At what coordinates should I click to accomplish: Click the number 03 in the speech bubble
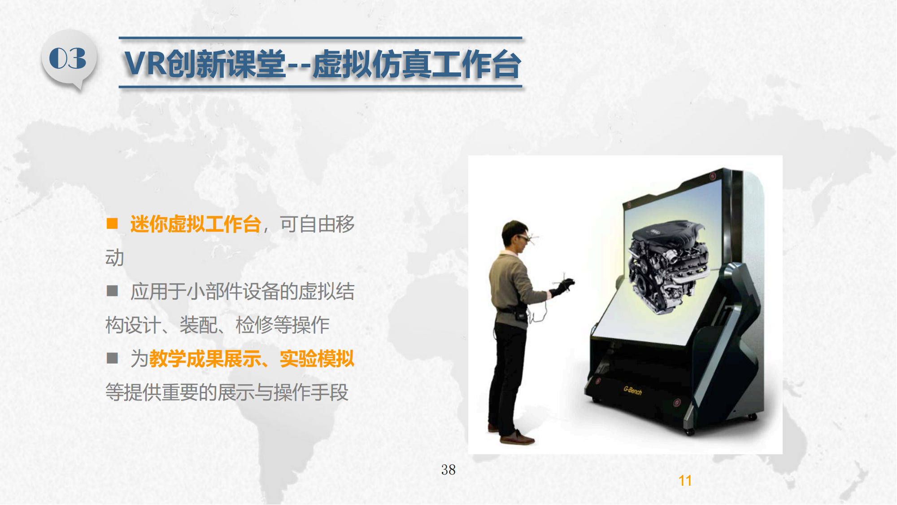coord(68,58)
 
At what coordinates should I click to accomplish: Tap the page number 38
coord(448,470)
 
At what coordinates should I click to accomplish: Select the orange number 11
coord(685,481)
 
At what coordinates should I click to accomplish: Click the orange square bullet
coord(112,224)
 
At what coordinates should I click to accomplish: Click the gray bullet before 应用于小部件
coord(112,291)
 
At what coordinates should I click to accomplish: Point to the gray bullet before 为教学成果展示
coord(112,358)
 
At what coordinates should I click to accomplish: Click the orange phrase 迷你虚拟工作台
coord(196,224)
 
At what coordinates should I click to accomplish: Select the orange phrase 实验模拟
coord(317,359)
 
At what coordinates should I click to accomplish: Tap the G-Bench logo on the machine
coord(632,390)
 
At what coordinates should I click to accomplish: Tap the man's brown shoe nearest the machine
coord(517,438)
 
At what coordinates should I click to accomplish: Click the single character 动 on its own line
coord(115,258)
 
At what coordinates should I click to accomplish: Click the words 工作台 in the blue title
coord(476,64)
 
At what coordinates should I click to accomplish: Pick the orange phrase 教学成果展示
coord(205,359)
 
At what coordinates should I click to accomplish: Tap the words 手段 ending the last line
coord(330,392)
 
